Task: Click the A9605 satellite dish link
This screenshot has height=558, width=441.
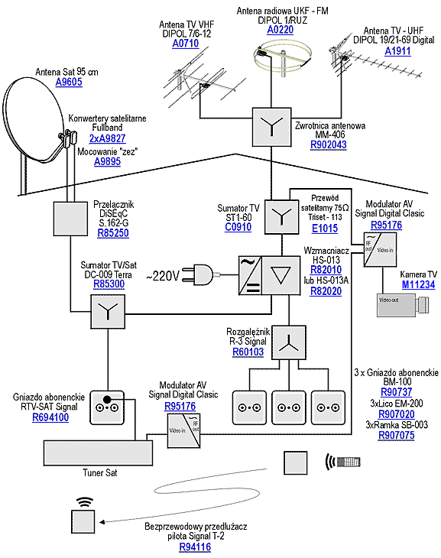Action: click(69, 82)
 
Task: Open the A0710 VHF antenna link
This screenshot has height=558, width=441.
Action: click(186, 44)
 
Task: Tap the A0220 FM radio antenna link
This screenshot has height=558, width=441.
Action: click(280, 30)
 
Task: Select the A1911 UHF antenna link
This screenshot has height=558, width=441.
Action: click(397, 51)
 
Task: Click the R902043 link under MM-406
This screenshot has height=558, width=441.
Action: click(328, 144)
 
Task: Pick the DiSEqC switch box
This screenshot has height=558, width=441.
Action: click(70, 219)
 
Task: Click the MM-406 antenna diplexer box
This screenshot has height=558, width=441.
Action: click(271, 127)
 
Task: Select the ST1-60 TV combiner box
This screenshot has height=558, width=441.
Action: click(281, 217)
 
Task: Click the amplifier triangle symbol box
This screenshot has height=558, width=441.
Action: click(280, 275)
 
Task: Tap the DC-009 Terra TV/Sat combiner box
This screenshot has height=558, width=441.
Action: click(108, 312)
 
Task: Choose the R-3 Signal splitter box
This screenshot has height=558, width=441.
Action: click(289, 342)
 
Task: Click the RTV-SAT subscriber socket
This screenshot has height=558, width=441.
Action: click(107, 407)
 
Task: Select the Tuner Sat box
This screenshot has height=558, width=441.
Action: click(99, 453)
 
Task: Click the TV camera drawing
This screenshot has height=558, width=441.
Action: click(403, 305)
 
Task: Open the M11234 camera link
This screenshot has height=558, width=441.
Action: click(418, 284)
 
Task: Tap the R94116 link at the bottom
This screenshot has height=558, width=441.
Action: click(195, 547)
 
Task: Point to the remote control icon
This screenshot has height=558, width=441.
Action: click(343, 462)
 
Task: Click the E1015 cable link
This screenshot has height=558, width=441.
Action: click(325, 228)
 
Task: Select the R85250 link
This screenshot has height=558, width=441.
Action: click(113, 233)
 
